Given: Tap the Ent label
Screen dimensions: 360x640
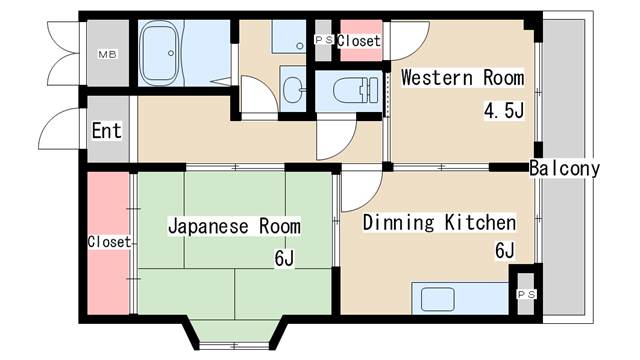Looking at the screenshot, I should point(107,131).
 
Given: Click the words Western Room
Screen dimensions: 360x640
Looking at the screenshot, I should point(462,78).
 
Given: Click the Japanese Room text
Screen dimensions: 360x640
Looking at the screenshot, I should point(234,227).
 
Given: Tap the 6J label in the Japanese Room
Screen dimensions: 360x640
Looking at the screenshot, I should point(284,259).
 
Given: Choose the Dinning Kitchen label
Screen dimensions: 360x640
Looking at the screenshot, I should point(439,222).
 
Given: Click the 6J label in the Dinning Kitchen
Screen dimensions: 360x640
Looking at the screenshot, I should point(506,252).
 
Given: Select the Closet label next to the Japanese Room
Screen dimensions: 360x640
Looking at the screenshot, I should point(109,242).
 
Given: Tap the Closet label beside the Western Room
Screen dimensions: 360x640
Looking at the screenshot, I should point(358,41).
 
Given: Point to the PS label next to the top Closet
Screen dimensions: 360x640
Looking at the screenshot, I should point(323,40).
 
